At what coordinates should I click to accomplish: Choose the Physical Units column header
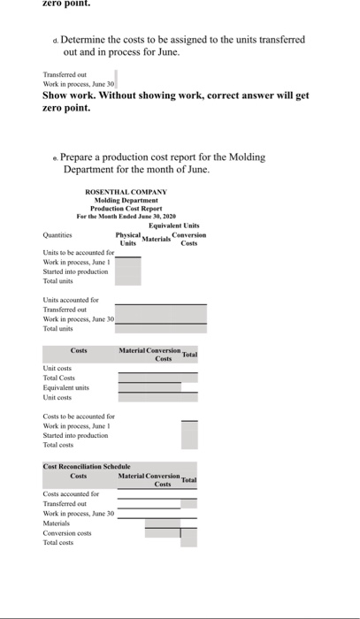(128, 240)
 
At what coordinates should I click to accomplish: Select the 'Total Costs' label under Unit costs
(60, 377)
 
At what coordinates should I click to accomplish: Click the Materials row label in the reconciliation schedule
(57, 523)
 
